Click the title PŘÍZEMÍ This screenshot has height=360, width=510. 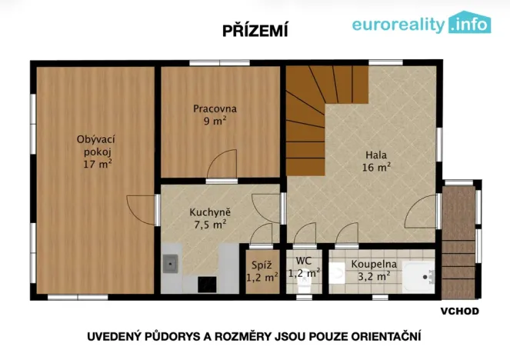(x=255, y=30)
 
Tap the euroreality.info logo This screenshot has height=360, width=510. (x=421, y=24)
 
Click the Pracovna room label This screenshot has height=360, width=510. (x=215, y=115)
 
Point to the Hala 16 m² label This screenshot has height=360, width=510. (x=377, y=159)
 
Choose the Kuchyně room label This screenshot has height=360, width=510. (x=210, y=218)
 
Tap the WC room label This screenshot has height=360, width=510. (x=304, y=267)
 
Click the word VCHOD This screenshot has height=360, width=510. (x=459, y=311)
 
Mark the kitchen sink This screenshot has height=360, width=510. (x=170, y=265)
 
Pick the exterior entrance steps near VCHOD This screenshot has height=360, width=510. (x=460, y=242)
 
